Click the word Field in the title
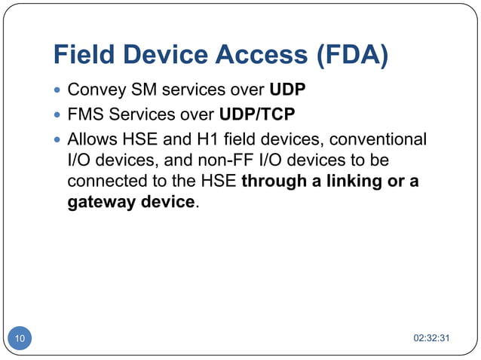click(x=83, y=55)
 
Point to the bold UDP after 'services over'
click(x=289, y=91)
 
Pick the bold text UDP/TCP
click(x=256, y=115)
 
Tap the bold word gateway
click(x=98, y=203)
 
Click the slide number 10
click(x=19, y=339)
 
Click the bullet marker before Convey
click(x=57, y=92)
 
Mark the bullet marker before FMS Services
click(x=57, y=116)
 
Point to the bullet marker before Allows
click(x=57, y=140)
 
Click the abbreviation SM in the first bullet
click(x=140, y=91)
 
